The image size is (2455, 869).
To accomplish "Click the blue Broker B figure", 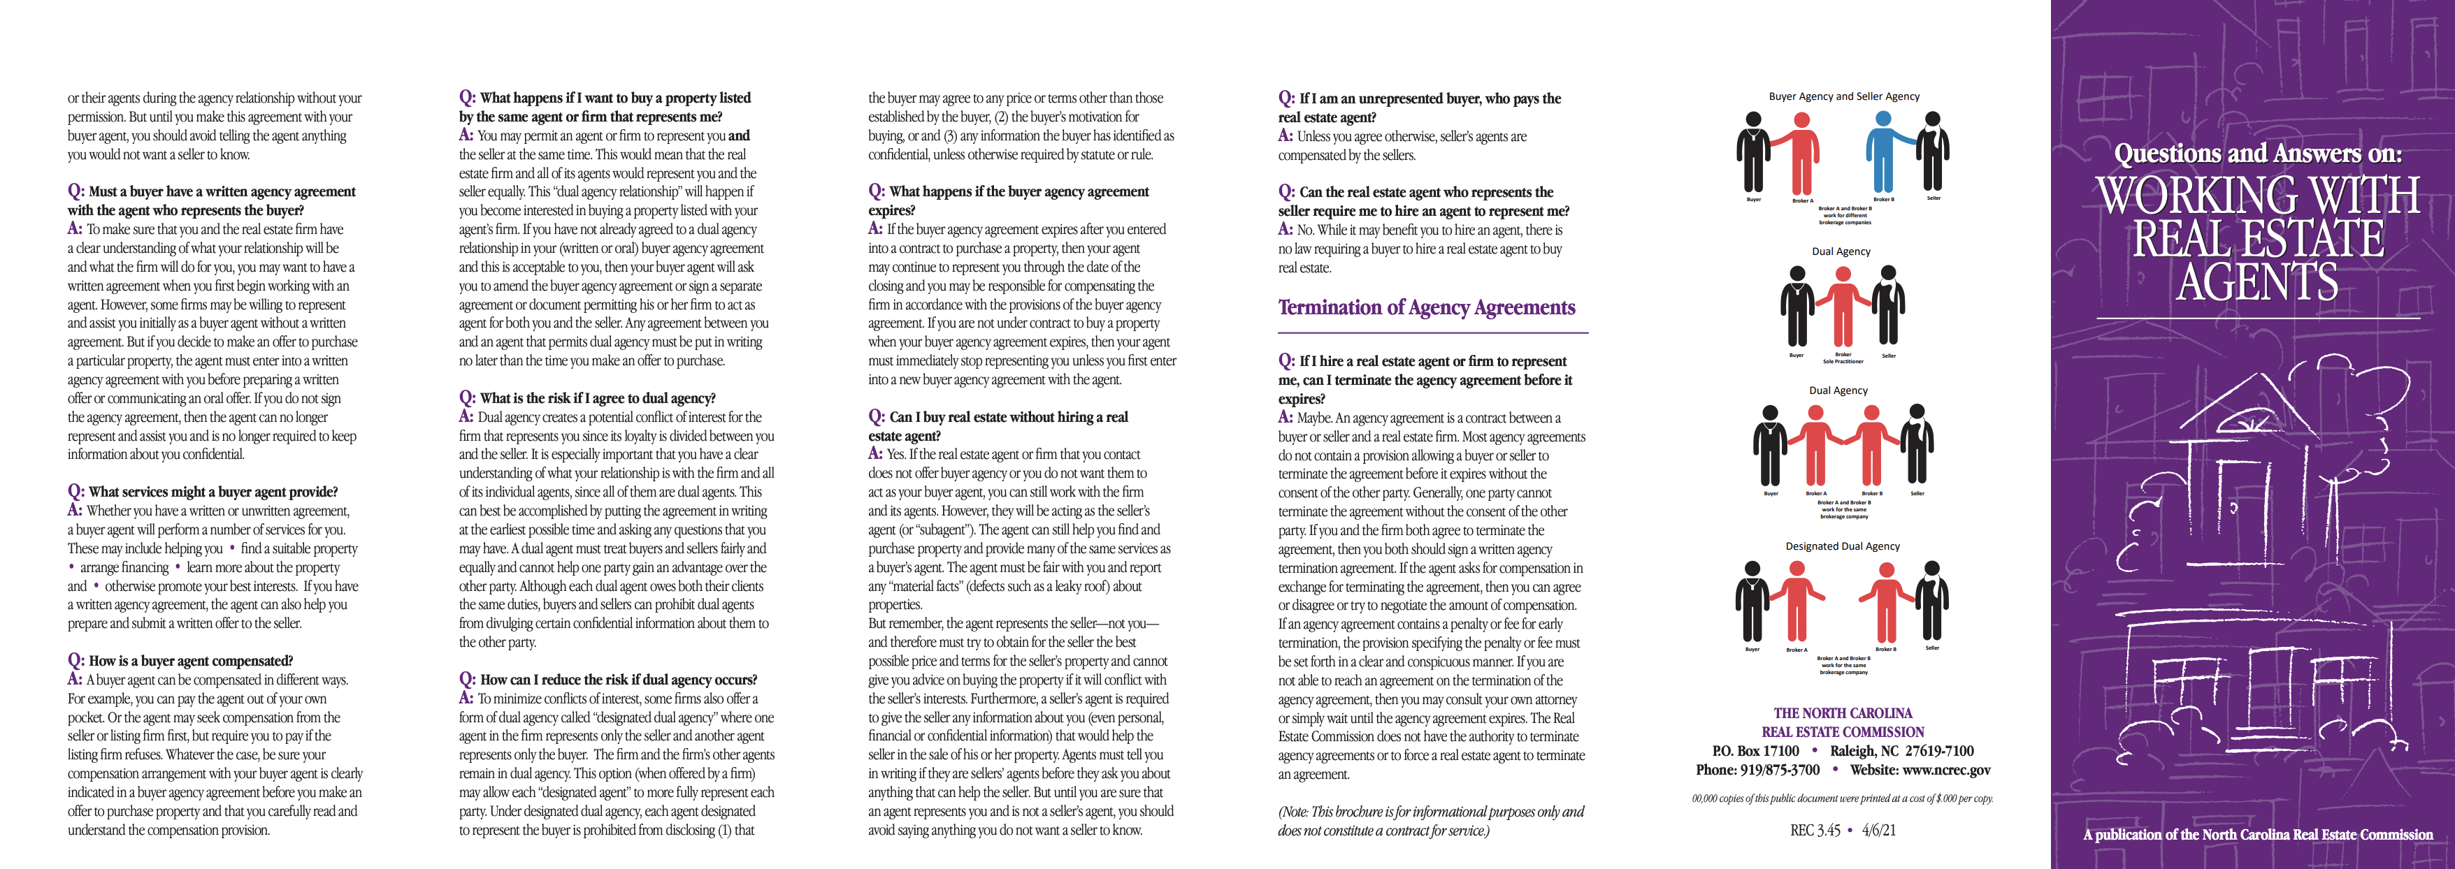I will click(x=1883, y=152).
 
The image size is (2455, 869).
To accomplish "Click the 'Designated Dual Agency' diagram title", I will click(x=1842, y=546).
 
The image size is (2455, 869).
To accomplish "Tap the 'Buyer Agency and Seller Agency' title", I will click(x=1844, y=96).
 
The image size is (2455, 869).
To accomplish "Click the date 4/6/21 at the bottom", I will click(x=1878, y=830).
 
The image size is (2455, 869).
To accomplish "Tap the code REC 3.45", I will click(x=1815, y=830).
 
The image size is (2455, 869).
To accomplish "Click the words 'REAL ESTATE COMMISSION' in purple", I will click(x=1842, y=732).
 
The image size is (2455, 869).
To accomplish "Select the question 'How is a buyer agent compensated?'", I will click(x=189, y=660).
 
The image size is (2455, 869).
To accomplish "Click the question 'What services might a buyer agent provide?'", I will click(x=213, y=492).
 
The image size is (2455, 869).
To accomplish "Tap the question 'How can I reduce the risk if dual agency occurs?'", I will click(x=617, y=680).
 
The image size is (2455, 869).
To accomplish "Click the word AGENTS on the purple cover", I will click(x=2256, y=282).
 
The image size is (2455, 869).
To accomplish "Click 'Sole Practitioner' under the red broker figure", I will click(x=1843, y=362).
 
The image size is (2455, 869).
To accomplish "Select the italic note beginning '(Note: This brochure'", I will click(x=1430, y=820).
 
